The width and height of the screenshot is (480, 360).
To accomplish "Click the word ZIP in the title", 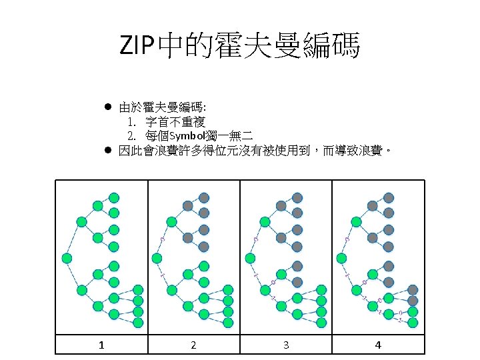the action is tap(137, 47).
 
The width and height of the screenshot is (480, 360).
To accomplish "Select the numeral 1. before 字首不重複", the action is tap(132, 122).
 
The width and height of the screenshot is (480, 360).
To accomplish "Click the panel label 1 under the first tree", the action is tap(101, 345).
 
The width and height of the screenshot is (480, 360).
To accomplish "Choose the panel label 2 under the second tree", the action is tap(193, 345).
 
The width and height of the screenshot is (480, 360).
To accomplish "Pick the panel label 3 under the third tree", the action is tap(286, 345).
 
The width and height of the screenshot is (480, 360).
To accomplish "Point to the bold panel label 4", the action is tap(378, 345).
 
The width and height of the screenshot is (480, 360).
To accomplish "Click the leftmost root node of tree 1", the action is tap(66, 257).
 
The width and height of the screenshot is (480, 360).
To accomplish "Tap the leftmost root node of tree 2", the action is tap(157, 257).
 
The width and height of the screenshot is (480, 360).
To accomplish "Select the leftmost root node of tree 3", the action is tap(249, 257).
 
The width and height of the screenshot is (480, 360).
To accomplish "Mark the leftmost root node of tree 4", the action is tap(341, 257).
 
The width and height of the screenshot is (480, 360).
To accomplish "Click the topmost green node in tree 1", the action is tap(114, 197).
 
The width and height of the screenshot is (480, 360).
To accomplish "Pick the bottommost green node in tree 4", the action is tap(413, 323).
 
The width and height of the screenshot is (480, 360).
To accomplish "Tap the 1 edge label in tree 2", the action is tap(163, 273).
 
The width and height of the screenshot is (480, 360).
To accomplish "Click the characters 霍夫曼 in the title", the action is tap(241, 47).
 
